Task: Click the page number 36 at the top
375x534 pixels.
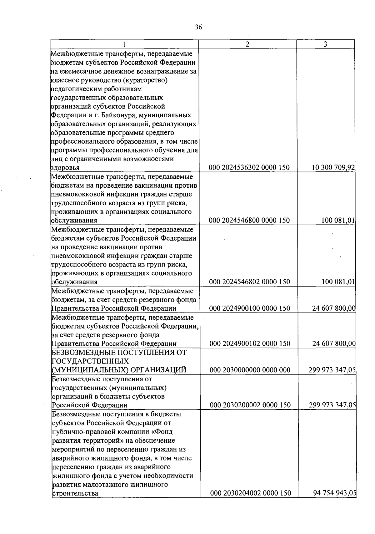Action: (198, 27)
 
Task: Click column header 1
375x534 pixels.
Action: (124, 44)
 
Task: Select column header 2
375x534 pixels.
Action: (247, 44)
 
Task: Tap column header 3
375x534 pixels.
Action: (325, 44)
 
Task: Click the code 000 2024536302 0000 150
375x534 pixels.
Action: (249, 168)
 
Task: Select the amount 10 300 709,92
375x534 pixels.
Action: (333, 168)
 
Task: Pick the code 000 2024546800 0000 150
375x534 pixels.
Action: (249, 220)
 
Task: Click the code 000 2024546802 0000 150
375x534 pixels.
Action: (249, 282)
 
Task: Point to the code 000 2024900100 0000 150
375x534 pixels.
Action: (250, 308)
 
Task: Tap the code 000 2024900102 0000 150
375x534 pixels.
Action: (250, 343)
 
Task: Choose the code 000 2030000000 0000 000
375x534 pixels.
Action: (250, 370)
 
